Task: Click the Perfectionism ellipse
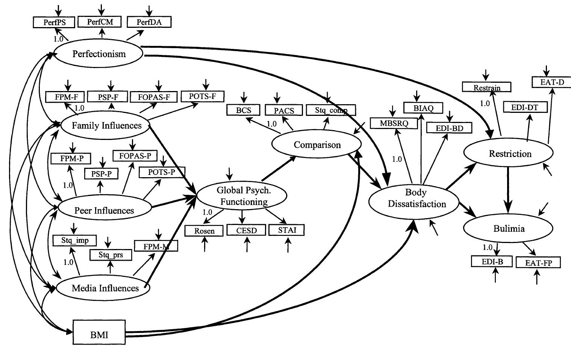(99, 54)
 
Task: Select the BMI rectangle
(99, 332)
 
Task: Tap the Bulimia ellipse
(508, 228)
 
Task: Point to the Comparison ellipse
(317, 145)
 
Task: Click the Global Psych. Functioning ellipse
(242, 196)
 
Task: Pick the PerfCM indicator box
(100, 22)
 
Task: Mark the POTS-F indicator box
(202, 96)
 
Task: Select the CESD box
(246, 230)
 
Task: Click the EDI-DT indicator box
(524, 108)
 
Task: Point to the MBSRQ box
(393, 123)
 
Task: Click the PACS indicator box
(284, 110)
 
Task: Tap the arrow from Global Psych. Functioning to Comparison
(279, 169)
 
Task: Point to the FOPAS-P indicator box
(135, 155)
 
